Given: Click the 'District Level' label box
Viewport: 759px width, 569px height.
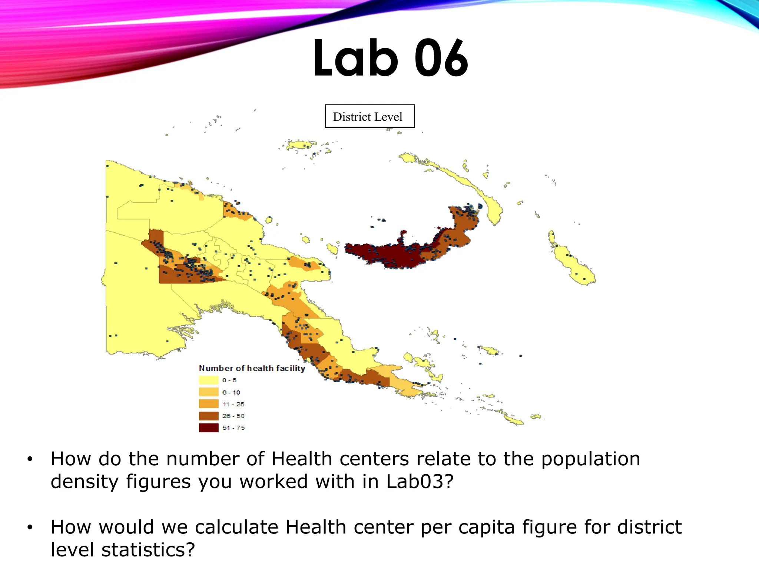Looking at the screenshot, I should (369, 116).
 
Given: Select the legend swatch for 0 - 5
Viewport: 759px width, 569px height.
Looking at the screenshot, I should (209, 380).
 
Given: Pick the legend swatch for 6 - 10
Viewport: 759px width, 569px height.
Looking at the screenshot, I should (209, 392).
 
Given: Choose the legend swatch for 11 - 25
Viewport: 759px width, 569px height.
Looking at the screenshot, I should (209, 404).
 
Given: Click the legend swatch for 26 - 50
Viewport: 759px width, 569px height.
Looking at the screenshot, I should (209, 416).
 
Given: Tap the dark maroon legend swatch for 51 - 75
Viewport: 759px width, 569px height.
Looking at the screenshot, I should (209, 427).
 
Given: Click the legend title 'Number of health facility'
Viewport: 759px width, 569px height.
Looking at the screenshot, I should (252, 368).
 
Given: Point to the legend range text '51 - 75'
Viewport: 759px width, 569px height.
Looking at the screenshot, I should (233, 428).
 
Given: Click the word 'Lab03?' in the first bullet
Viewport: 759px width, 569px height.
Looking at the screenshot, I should (420, 482).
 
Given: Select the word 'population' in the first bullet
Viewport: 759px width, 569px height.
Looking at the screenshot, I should (590, 459).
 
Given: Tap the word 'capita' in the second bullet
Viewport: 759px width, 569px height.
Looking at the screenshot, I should (486, 527).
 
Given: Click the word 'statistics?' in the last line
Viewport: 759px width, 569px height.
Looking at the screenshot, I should (148, 550).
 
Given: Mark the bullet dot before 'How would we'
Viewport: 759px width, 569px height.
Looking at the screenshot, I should (30, 528).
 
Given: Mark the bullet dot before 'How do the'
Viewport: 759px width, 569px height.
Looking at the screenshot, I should (30, 459).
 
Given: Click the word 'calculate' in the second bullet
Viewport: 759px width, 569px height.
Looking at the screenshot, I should (236, 527).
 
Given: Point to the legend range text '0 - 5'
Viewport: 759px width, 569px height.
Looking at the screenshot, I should (229, 380).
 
